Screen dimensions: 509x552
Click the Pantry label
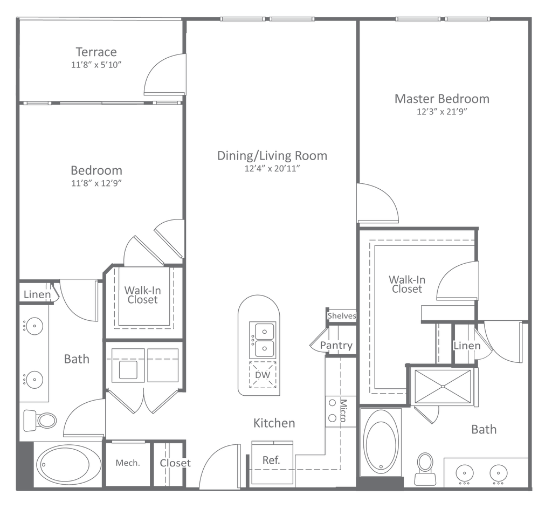pyautogui.click(x=336, y=345)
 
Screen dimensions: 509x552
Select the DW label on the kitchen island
pyautogui.click(x=262, y=375)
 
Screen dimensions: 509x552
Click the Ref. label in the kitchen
pyautogui.click(x=271, y=460)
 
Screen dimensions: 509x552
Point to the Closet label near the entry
pyautogui.click(x=175, y=463)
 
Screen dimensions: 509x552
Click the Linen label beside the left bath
pyautogui.click(x=37, y=295)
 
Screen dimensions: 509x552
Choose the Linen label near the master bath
pyautogui.click(x=467, y=346)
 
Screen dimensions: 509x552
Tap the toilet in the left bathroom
pyautogui.click(x=39, y=419)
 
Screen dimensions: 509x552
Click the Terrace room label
pyautogui.click(x=97, y=53)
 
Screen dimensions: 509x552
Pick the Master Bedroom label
pyautogui.click(x=442, y=99)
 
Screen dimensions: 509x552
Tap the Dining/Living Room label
pyautogui.click(x=272, y=156)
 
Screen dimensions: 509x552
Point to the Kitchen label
pyautogui.click(x=275, y=423)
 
